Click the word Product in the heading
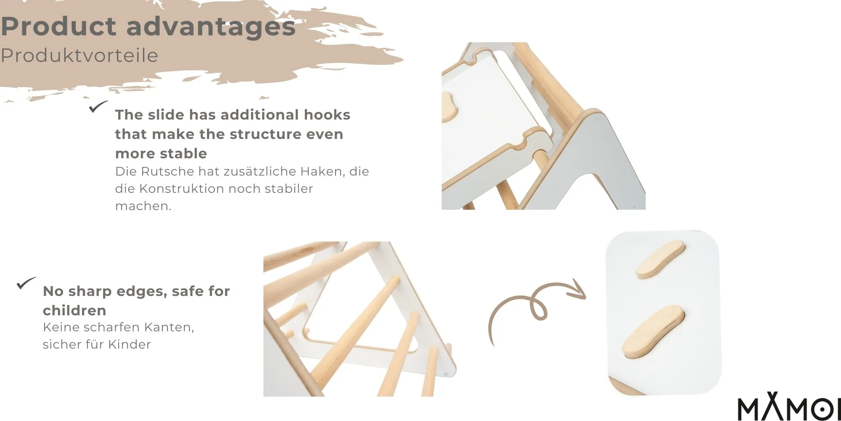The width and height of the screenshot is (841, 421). coord(58,26)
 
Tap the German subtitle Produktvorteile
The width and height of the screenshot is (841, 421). coord(79,56)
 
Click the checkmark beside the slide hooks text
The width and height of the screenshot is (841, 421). coord(98,107)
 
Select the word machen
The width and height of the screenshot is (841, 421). coord(143,206)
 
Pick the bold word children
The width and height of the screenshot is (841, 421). coord(74,310)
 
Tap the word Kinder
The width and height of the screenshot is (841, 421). coord(130,344)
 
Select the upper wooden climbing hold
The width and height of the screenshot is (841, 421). coord(660,259)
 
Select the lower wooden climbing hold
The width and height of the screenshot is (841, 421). coord(653,333)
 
